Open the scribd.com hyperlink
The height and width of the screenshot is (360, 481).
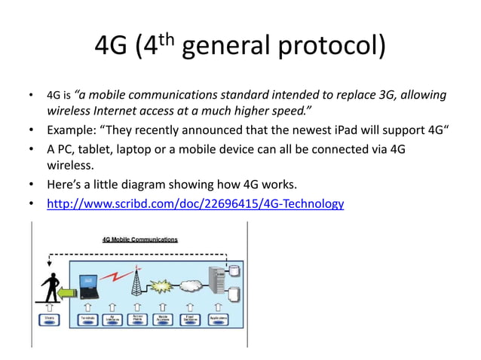click(195, 203)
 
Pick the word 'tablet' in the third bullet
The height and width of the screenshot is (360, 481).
click(100, 148)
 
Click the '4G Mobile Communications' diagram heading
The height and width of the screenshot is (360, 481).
click(140, 239)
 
